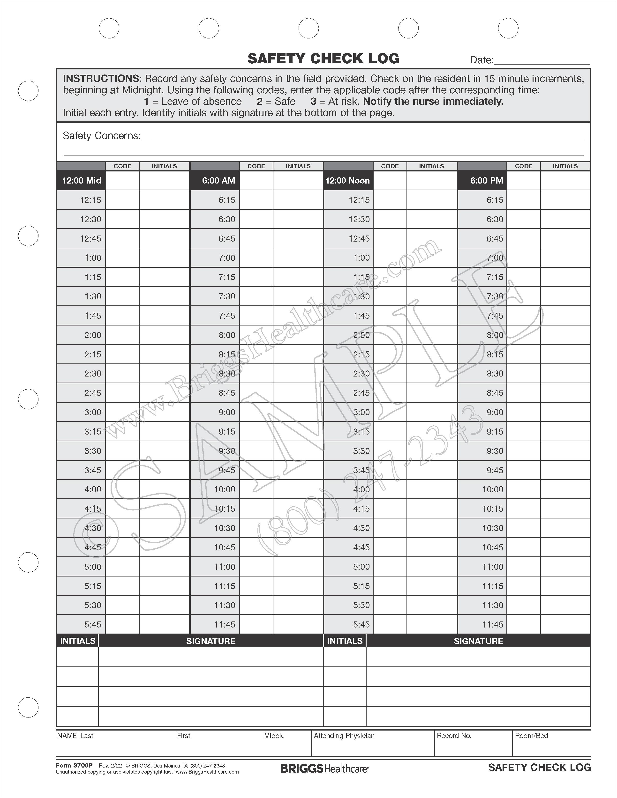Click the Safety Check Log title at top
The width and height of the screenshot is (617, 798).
click(323, 59)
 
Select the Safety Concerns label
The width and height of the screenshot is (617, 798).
click(101, 136)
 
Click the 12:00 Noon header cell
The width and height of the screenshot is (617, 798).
click(348, 180)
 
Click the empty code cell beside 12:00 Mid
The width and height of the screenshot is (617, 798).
click(122, 180)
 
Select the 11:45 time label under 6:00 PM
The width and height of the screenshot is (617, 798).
click(492, 624)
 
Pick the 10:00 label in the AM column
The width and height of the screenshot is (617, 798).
click(225, 489)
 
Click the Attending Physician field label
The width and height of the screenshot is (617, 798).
click(344, 736)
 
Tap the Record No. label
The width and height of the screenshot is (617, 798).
click(454, 736)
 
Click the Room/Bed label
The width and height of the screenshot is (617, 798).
click(532, 736)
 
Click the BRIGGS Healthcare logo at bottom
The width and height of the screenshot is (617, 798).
click(324, 769)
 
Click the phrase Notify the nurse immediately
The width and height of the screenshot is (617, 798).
click(433, 102)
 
